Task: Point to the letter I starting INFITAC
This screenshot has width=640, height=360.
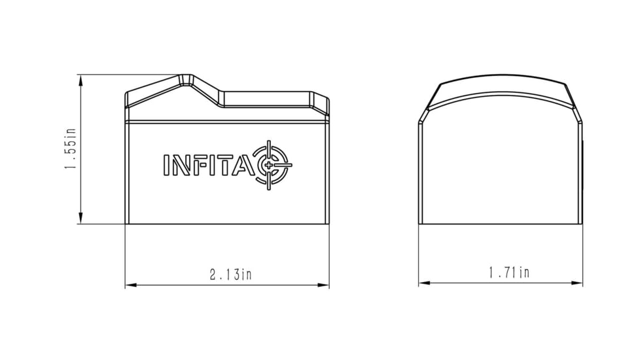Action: click(166, 165)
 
